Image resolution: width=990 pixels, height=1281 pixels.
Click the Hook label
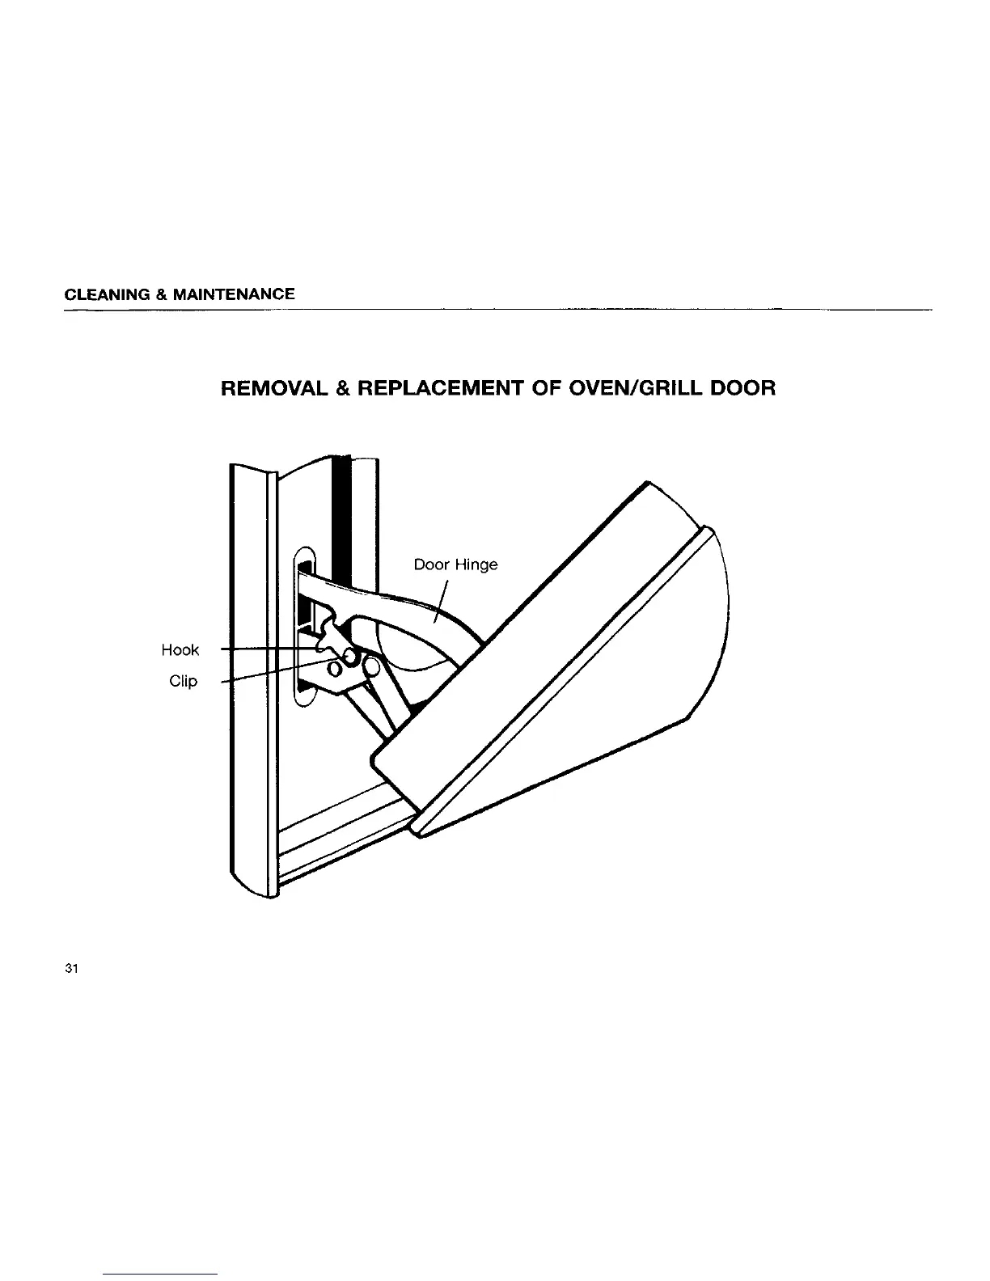(x=180, y=650)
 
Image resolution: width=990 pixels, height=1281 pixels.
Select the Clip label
(x=184, y=681)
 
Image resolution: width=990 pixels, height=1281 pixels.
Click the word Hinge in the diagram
(x=476, y=564)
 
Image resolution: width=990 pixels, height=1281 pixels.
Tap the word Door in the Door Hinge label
(x=432, y=564)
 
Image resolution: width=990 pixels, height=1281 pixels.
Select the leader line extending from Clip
(x=267, y=673)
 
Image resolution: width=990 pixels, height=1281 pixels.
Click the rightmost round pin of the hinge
(x=373, y=666)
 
